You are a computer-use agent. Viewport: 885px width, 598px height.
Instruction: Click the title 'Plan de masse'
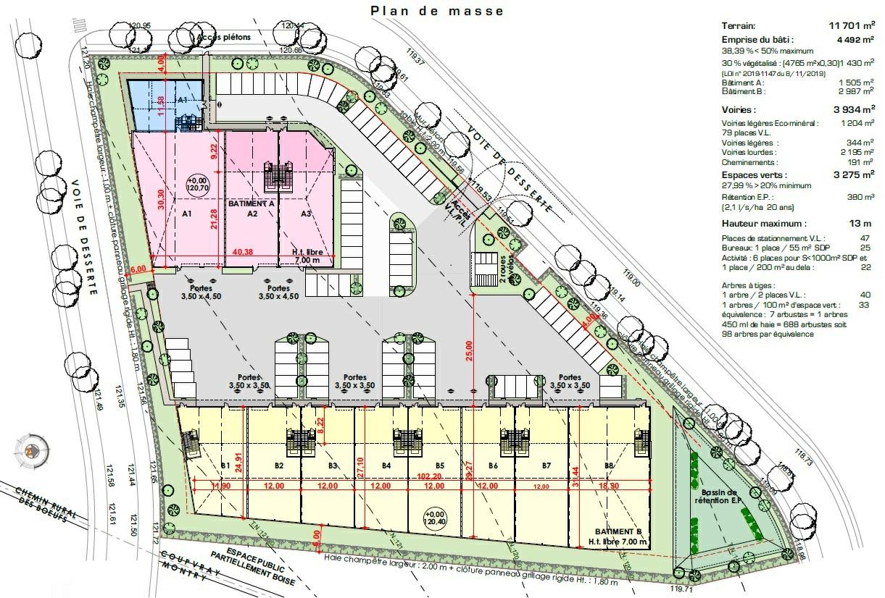coord(436,11)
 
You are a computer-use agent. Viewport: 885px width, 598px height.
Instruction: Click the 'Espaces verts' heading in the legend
coord(754,175)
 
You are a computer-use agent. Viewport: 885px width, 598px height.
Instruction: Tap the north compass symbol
coord(32,450)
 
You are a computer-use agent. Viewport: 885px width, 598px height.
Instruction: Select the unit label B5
coord(439,465)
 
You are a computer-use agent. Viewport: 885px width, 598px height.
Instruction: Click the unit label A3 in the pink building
coord(306,214)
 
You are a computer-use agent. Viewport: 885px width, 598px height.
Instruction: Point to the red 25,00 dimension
coord(469,352)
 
